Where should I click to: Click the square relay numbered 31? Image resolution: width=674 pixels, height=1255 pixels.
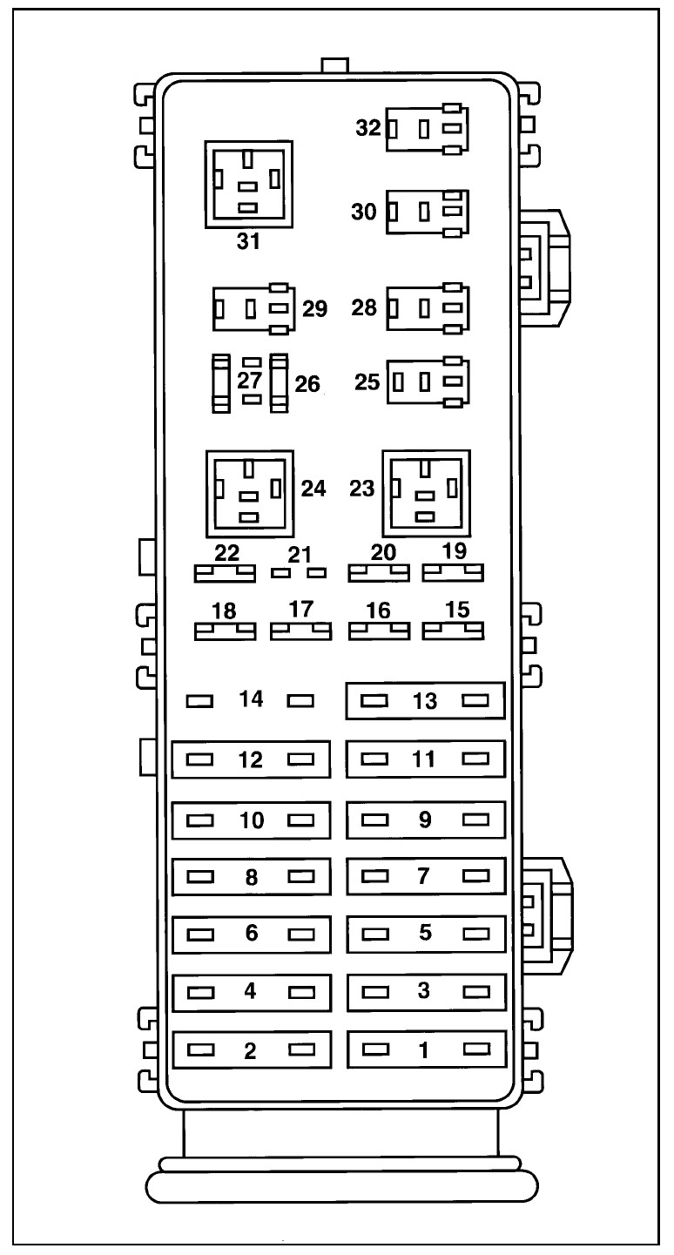(248, 184)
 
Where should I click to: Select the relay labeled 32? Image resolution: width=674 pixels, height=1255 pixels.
(426, 129)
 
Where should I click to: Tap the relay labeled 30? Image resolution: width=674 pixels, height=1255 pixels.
(427, 212)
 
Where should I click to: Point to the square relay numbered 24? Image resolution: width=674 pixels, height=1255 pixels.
(249, 494)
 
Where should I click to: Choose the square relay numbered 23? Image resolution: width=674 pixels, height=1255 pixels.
(426, 494)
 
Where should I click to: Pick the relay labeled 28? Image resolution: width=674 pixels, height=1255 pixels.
(427, 307)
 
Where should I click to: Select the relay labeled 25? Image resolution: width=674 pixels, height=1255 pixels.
(427, 381)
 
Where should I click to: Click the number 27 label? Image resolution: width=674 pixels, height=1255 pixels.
(250, 381)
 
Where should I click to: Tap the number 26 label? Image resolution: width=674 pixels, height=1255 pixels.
(307, 382)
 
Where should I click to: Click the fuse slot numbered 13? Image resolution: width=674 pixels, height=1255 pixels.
(426, 700)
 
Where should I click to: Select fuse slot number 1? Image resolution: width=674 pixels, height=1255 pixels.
(426, 1049)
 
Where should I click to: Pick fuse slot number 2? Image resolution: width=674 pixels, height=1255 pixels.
(251, 1049)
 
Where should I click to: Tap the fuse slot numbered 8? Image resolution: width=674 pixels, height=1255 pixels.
(251, 876)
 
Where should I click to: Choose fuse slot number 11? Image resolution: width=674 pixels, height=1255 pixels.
(426, 759)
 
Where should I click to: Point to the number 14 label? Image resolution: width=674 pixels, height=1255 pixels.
(252, 698)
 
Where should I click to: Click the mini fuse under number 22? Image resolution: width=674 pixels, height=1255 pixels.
(224, 573)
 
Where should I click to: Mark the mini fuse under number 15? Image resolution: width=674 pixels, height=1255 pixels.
(453, 631)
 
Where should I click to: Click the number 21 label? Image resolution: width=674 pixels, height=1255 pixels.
(300, 553)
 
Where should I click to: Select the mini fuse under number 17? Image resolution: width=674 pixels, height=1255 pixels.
(300, 631)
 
